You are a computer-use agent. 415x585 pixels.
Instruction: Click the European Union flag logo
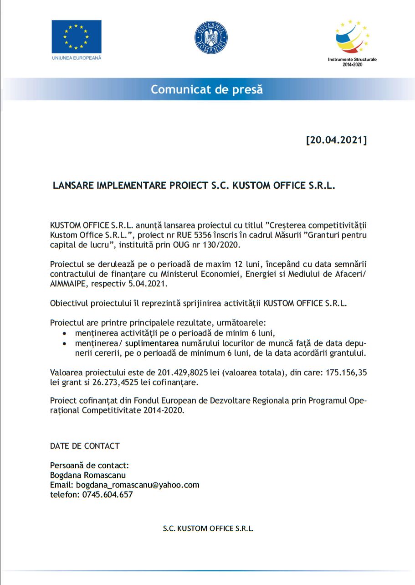pyautogui.click(x=77, y=36)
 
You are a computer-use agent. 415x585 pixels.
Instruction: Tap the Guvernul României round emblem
pyautogui.click(x=211, y=38)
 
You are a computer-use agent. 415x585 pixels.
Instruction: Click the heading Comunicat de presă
pyautogui.click(x=207, y=89)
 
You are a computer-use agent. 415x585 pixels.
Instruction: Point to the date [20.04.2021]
pyautogui.click(x=336, y=140)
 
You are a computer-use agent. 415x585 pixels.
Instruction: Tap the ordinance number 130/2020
pyautogui.click(x=221, y=244)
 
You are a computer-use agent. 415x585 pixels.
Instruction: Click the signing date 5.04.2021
pyautogui.click(x=148, y=284)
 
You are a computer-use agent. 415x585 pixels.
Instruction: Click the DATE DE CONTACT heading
pyautogui.click(x=85, y=445)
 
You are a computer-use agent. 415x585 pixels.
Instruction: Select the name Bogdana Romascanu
pyautogui.click(x=88, y=475)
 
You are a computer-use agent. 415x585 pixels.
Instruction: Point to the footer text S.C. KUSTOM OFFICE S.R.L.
pyautogui.click(x=208, y=528)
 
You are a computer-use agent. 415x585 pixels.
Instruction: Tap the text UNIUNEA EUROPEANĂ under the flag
pyautogui.click(x=77, y=58)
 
